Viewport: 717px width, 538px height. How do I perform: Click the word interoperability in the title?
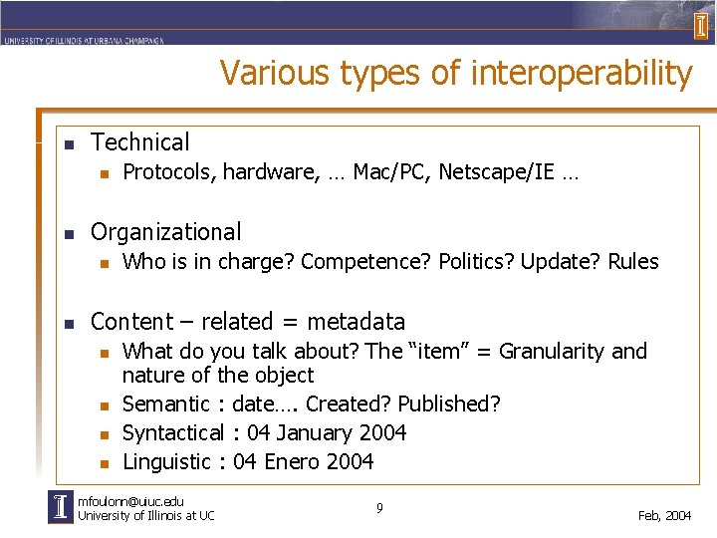[x=581, y=74]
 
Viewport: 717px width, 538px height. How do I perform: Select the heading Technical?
[x=139, y=142]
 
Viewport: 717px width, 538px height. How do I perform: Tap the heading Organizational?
[x=165, y=232]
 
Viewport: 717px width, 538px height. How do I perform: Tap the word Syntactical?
[x=172, y=432]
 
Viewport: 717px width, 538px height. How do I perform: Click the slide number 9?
[x=379, y=508]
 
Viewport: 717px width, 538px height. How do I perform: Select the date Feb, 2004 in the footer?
[x=664, y=515]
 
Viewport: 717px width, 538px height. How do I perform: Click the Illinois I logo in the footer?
[x=61, y=507]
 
